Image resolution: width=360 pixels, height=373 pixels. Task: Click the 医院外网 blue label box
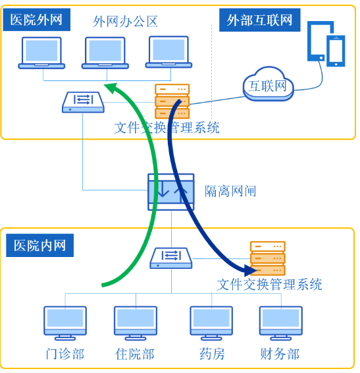click(37, 20)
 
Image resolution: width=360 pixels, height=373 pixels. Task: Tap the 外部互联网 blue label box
click(259, 20)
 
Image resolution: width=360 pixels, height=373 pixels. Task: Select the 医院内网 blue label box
click(40, 246)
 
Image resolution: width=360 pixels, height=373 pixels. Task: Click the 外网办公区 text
click(126, 21)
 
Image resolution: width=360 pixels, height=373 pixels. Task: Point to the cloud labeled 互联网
click(267, 84)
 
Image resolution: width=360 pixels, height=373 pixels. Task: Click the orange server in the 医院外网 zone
click(172, 101)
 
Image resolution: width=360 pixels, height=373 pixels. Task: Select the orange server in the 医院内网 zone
click(268, 258)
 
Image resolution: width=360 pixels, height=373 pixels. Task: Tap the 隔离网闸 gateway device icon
click(171, 192)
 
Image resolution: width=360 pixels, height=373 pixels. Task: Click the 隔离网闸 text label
click(230, 191)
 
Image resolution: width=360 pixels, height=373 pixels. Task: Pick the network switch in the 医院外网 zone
click(83, 101)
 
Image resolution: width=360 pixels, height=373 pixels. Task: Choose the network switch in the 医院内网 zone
click(171, 257)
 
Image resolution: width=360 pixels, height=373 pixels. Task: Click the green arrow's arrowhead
click(113, 88)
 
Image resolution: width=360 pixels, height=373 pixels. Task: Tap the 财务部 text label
click(280, 354)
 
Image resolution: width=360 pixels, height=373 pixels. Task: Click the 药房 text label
click(211, 354)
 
